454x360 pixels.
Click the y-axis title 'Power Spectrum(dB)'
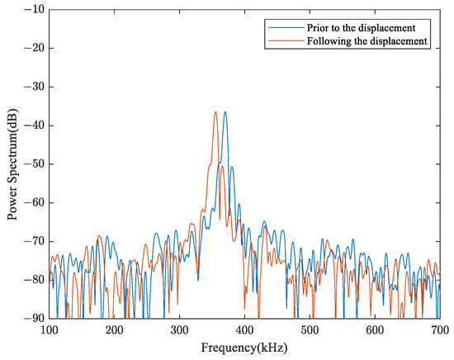click(x=12, y=163)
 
